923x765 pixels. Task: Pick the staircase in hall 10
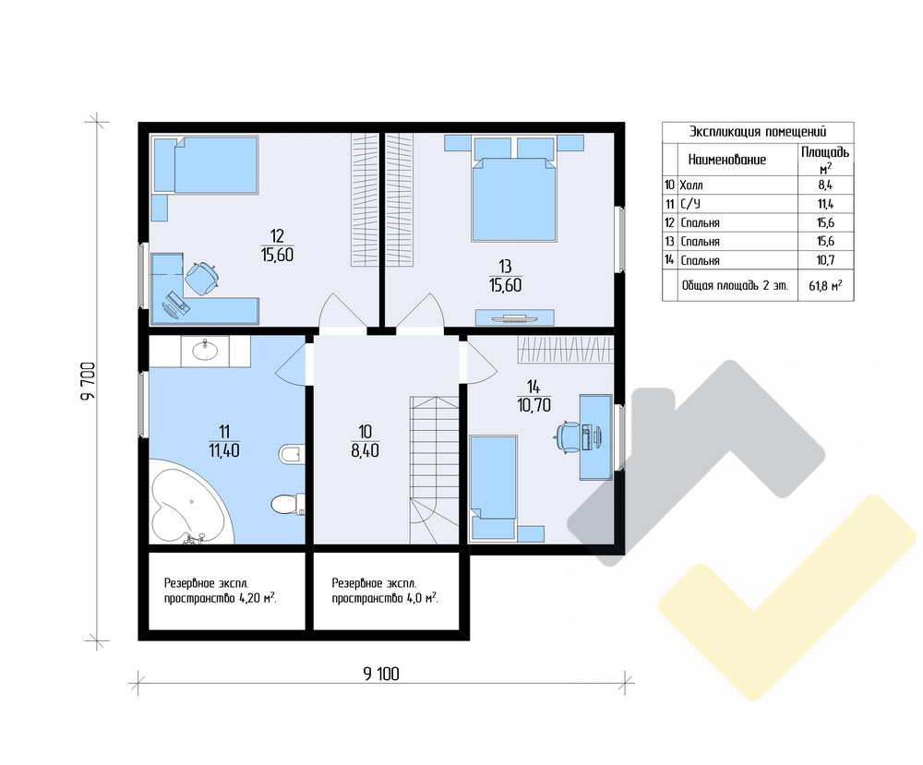point(435,470)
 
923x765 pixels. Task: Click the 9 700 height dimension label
point(89,381)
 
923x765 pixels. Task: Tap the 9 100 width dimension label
point(381,674)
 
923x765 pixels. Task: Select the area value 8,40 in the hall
point(365,451)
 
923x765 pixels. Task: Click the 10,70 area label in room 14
point(533,405)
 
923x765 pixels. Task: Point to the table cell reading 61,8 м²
point(825,286)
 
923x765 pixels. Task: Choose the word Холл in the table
point(691,185)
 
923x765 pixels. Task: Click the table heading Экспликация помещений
point(758,131)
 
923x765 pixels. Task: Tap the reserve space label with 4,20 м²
point(221,592)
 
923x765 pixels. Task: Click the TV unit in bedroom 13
point(514,317)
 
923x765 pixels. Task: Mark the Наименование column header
point(727,160)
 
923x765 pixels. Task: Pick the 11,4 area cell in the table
point(825,204)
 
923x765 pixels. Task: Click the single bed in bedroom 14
point(494,487)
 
